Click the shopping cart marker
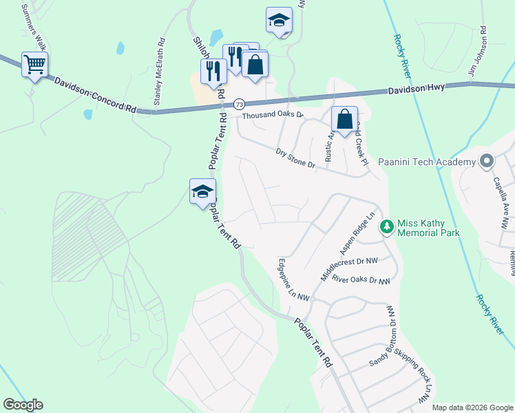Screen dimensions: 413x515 click(34, 65)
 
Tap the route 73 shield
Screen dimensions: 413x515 click(239, 104)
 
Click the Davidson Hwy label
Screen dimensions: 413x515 click(416, 88)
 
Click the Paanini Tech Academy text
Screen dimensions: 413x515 click(427, 162)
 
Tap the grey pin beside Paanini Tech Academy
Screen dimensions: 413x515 click(487, 161)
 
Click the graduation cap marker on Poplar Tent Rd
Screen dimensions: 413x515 click(202, 191)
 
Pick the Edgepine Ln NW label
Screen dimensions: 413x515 click(293, 279)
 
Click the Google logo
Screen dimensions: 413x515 click(23, 405)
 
